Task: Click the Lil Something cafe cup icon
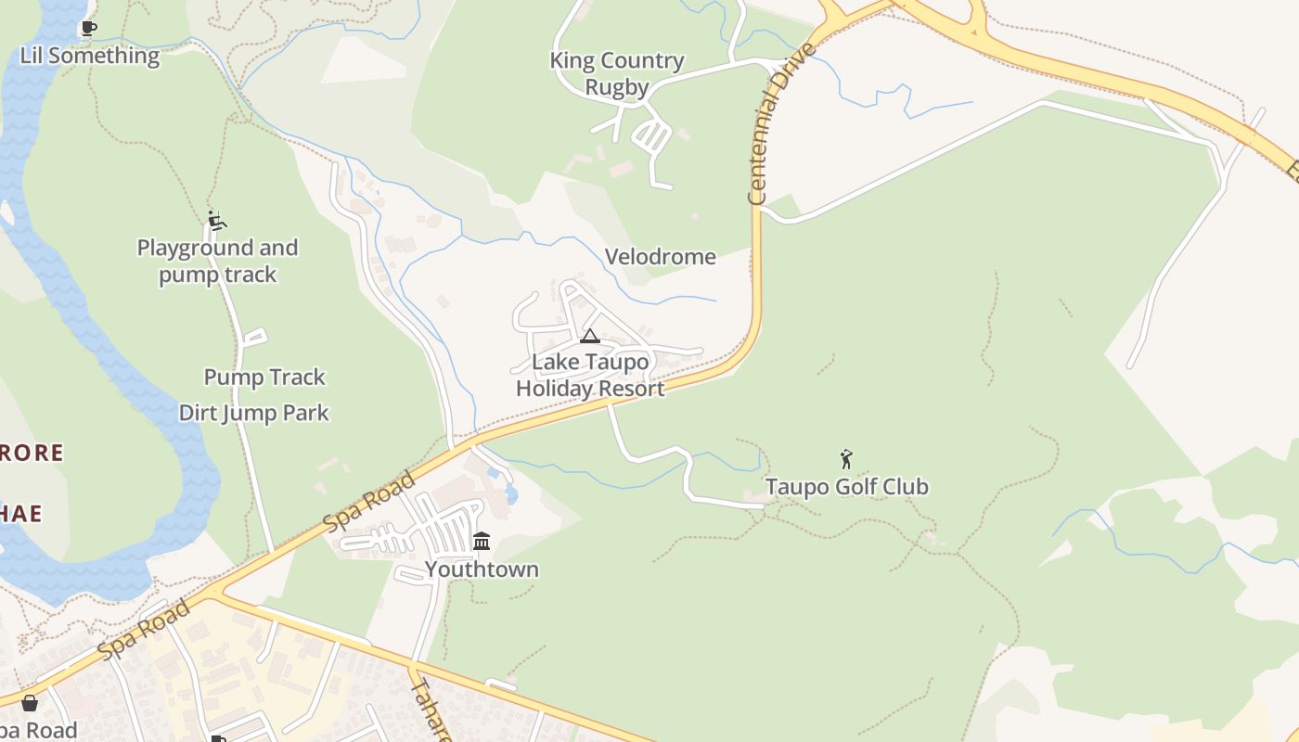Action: point(88,29)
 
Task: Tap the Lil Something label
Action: point(90,56)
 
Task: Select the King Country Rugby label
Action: point(617,74)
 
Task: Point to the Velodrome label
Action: point(661,257)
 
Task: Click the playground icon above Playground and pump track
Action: point(217,221)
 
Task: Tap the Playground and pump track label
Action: point(218,262)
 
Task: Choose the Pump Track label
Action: point(264,377)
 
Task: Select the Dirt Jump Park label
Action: point(254,413)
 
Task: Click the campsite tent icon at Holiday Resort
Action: point(590,336)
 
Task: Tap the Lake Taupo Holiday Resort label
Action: point(590,375)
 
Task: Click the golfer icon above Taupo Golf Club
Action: point(846,458)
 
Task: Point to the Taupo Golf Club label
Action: point(846,487)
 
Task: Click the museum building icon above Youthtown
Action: point(482,541)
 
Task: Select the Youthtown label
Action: point(482,569)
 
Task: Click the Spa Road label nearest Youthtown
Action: point(370,502)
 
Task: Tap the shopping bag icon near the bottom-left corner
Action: point(30,703)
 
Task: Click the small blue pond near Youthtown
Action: point(510,494)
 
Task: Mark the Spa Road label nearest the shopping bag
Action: point(144,630)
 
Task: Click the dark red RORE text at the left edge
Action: point(32,454)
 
